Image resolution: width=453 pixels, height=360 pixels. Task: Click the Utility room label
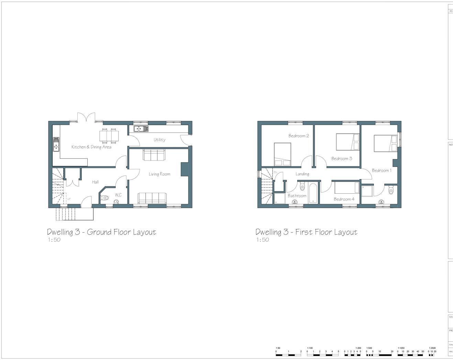point(159,140)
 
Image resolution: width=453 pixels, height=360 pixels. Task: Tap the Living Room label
point(159,174)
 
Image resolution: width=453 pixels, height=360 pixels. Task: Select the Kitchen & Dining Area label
point(91,147)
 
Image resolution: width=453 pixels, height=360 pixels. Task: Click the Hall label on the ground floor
point(95,182)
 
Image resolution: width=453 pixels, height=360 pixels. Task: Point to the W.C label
point(118,195)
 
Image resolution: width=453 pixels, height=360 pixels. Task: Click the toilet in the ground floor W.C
point(104,198)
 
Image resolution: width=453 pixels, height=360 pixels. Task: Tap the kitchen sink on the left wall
point(56,145)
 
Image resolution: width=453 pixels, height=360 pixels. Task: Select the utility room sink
point(141,129)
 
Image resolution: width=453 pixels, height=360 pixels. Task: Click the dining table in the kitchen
point(109,135)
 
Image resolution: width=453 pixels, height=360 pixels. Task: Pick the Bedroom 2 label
point(298,136)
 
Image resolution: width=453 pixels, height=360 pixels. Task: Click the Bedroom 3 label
point(342,159)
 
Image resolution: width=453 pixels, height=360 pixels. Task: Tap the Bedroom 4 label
point(344,199)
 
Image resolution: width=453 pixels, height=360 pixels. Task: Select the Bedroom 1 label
point(382,170)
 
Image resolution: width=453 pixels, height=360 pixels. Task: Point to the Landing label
point(302,174)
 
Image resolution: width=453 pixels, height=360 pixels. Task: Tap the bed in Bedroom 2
point(283,154)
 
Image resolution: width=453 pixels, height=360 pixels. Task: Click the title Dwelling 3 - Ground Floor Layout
point(101,232)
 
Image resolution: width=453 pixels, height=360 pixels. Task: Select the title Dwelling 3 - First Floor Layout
point(306,232)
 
